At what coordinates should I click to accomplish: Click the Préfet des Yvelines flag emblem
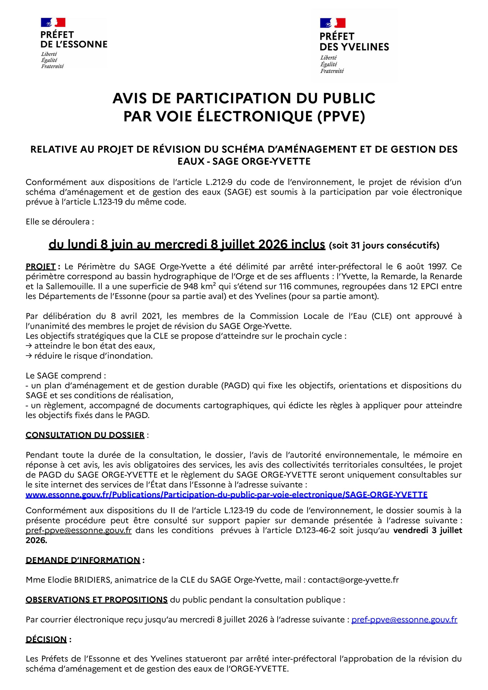tap(333, 23)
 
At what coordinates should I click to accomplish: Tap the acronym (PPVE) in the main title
tap(341, 117)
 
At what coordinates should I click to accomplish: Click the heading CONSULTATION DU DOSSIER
tap(85, 435)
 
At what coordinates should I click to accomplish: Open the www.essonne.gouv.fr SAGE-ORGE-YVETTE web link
tap(226, 495)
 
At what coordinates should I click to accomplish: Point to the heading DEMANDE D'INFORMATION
tap(83, 560)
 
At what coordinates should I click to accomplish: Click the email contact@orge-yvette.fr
tap(353, 580)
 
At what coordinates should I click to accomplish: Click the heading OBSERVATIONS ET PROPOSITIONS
tap(97, 599)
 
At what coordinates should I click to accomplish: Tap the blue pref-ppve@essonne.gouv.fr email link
tap(404, 619)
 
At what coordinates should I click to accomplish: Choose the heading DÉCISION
tap(46, 639)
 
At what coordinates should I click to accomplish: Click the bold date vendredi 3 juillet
tap(428, 530)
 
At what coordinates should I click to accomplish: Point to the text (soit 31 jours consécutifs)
tap(384, 246)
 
